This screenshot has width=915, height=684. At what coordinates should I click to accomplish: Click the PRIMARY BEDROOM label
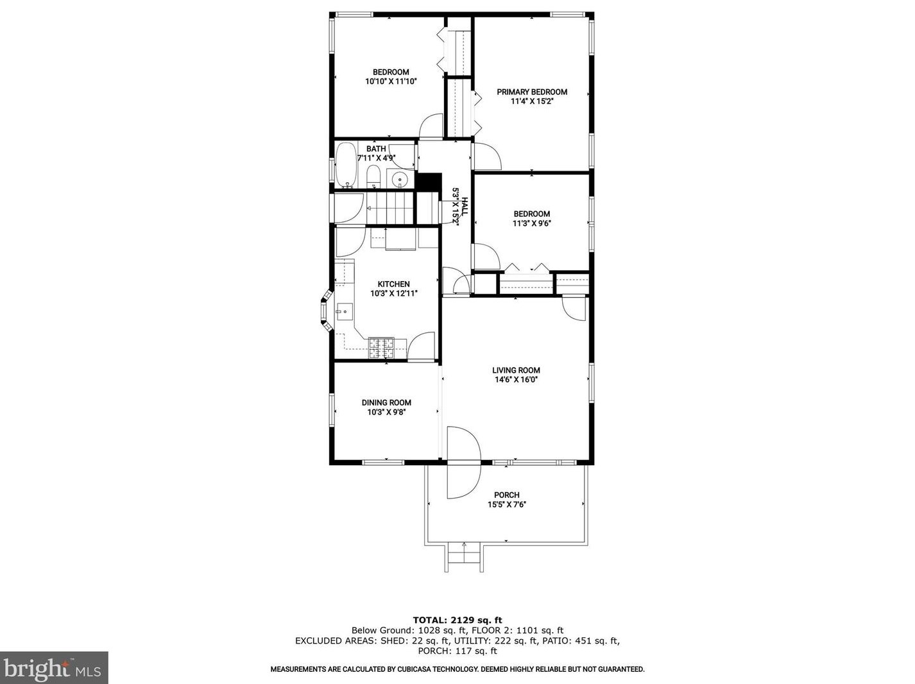531,92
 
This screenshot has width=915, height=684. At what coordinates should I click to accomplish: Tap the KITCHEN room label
393,284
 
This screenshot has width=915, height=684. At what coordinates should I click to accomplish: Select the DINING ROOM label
386,403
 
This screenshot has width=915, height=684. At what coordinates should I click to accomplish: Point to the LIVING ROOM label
516,370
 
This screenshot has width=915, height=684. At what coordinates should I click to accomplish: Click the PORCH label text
506,495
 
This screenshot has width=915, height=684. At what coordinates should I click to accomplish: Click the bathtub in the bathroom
346,165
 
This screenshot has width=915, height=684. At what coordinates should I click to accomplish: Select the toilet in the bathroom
373,176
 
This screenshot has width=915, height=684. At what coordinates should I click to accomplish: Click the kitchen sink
345,311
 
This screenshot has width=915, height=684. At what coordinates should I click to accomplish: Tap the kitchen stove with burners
381,348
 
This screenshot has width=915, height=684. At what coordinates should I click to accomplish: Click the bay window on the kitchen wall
327,311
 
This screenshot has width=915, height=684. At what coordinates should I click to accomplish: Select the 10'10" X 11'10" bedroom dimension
391,81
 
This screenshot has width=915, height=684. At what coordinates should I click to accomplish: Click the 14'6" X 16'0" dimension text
516,380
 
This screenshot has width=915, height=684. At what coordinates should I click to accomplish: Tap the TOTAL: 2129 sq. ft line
457,620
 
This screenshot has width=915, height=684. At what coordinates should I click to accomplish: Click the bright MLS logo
53,668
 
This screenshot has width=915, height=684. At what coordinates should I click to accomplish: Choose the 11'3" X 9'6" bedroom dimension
531,223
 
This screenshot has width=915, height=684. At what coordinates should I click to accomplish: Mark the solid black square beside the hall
429,182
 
